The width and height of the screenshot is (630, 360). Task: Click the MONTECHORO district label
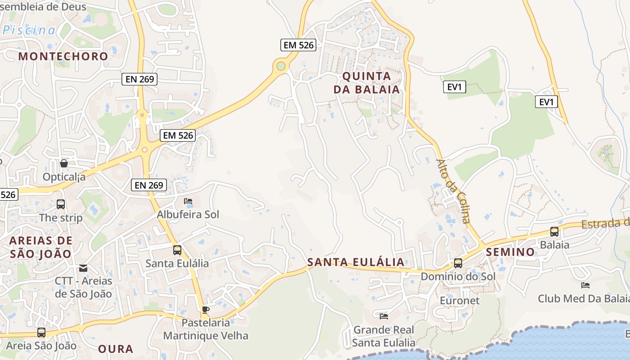tap(63, 56)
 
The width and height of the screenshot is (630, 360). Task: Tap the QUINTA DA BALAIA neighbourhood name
tap(366, 82)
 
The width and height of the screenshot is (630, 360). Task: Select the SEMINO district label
tap(510, 252)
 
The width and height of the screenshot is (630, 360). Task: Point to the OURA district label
tap(116, 349)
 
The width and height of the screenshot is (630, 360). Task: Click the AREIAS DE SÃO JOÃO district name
tap(40, 247)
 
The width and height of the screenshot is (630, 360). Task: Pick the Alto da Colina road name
tap(454, 191)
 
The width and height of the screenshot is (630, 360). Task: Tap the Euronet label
tap(459, 300)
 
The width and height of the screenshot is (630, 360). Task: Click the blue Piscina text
tap(29, 31)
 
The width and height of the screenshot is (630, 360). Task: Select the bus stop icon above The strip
tap(61, 204)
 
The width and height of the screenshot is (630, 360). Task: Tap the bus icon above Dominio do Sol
tap(458, 263)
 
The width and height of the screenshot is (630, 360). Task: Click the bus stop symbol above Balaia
tap(554, 232)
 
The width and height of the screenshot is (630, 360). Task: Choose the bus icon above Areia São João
tap(41, 333)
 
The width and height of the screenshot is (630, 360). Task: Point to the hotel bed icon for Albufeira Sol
tap(188, 201)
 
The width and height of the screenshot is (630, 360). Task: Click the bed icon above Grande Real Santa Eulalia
tap(384, 316)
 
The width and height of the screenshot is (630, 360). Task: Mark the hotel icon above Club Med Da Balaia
tap(585, 285)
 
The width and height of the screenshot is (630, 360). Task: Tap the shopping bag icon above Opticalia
tap(64, 163)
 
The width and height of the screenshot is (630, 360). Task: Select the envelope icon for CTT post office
tap(83, 268)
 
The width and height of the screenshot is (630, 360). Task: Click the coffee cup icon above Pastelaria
tap(206, 309)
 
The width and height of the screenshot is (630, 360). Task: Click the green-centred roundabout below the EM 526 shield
tap(281, 67)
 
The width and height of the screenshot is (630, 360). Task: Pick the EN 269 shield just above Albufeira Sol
tap(149, 184)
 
